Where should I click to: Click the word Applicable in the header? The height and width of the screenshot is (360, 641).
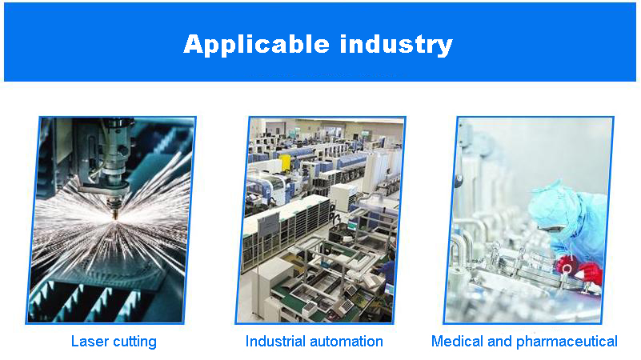[256, 45]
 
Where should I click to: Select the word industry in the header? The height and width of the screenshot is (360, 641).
[396, 45]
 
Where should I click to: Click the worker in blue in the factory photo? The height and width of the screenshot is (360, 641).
[388, 270]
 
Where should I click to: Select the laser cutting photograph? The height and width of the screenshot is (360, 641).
[110, 220]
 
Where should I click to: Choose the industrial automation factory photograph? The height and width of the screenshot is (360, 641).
[320, 220]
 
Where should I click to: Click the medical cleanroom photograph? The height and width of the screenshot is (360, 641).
[529, 220]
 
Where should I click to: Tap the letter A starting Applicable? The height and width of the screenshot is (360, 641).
[194, 44]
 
